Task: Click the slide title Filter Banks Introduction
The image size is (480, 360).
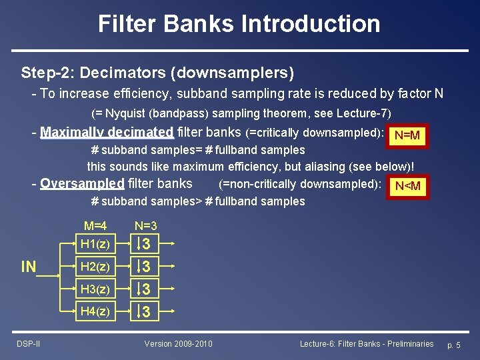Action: pos(239,24)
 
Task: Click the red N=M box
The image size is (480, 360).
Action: pos(407,136)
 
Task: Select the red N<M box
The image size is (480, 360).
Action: pos(407,186)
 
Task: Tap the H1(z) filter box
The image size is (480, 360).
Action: pos(95,245)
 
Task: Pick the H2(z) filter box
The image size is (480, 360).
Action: pos(95,267)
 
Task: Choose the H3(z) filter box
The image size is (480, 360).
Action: pos(95,289)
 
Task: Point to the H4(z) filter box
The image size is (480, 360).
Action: pos(95,311)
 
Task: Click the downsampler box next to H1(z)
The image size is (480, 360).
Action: pos(146,245)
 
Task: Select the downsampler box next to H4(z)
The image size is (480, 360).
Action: pos(146,311)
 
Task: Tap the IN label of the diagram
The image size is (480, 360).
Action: pos(29,267)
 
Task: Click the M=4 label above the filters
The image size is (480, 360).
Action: pos(96,227)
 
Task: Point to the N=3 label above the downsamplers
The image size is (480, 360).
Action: pos(146,227)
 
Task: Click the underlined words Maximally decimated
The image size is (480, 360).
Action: pos(107,132)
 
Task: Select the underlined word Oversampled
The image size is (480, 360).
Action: pos(82,183)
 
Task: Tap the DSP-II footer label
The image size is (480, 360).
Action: pos(28,343)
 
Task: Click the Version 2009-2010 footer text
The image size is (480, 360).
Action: pos(179,343)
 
